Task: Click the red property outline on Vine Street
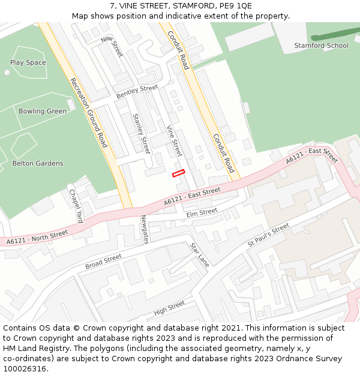tap(178, 173)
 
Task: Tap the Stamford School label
tap(321, 46)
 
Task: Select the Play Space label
tap(28, 62)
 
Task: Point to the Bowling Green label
tap(42, 111)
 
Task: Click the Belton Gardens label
tap(38, 163)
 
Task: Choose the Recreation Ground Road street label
tap(88, 113)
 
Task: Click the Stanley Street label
tap(141, 133)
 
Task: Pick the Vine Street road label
tap(173, 140)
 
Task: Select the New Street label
tap(112, 47)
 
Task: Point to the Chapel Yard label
tap(75, 206)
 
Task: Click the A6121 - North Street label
tap(37, 238)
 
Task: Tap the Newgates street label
tap(144, 229)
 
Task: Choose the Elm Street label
tap(202, 212)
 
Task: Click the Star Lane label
tap(199, 254)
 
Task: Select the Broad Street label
tap(103, 262)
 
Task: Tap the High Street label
tap(169, 308)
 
